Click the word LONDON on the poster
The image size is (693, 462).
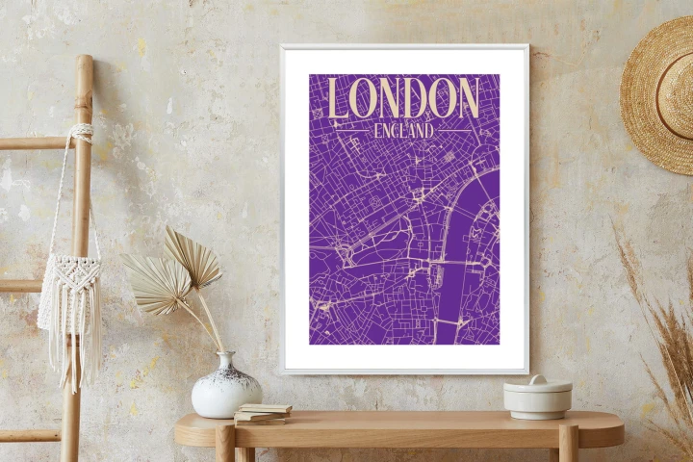point(403,98)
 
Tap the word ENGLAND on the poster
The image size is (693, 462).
point(403,129)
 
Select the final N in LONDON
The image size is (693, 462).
point(466,98)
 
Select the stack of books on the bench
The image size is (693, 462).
point(262,413)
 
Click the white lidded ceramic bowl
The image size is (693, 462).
point(537,397)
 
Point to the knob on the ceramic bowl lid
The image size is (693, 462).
point(537,379)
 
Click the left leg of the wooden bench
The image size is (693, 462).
point(225,445)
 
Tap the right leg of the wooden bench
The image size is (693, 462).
point(568,445)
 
